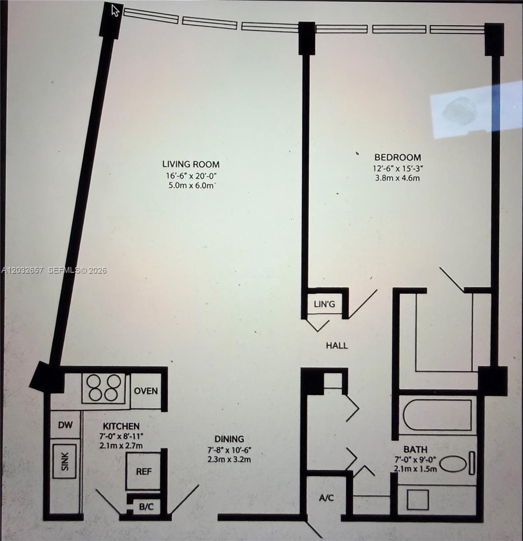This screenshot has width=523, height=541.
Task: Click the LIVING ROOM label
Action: pos(191,164)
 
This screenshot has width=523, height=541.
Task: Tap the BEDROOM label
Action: pos(398,157)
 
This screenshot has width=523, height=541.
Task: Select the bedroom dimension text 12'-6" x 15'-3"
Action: pos(398,168)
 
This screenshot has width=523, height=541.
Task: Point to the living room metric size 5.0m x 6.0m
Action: pos(192,186)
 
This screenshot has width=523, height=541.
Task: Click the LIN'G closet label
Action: pos(324,304)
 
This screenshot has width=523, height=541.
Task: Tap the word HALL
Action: pos(337,345)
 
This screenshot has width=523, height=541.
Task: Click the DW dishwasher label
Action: pos(65,425)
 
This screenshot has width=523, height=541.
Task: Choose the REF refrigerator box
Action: pos(143,471)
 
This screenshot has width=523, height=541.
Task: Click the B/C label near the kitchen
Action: pos(146,507)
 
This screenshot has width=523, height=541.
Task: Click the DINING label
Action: pos(229,439)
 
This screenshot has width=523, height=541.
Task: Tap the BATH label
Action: pos(415,449)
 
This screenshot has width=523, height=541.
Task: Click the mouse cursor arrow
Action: pos(115,10)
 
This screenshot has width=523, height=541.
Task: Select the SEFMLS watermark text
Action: pos(77,270)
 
